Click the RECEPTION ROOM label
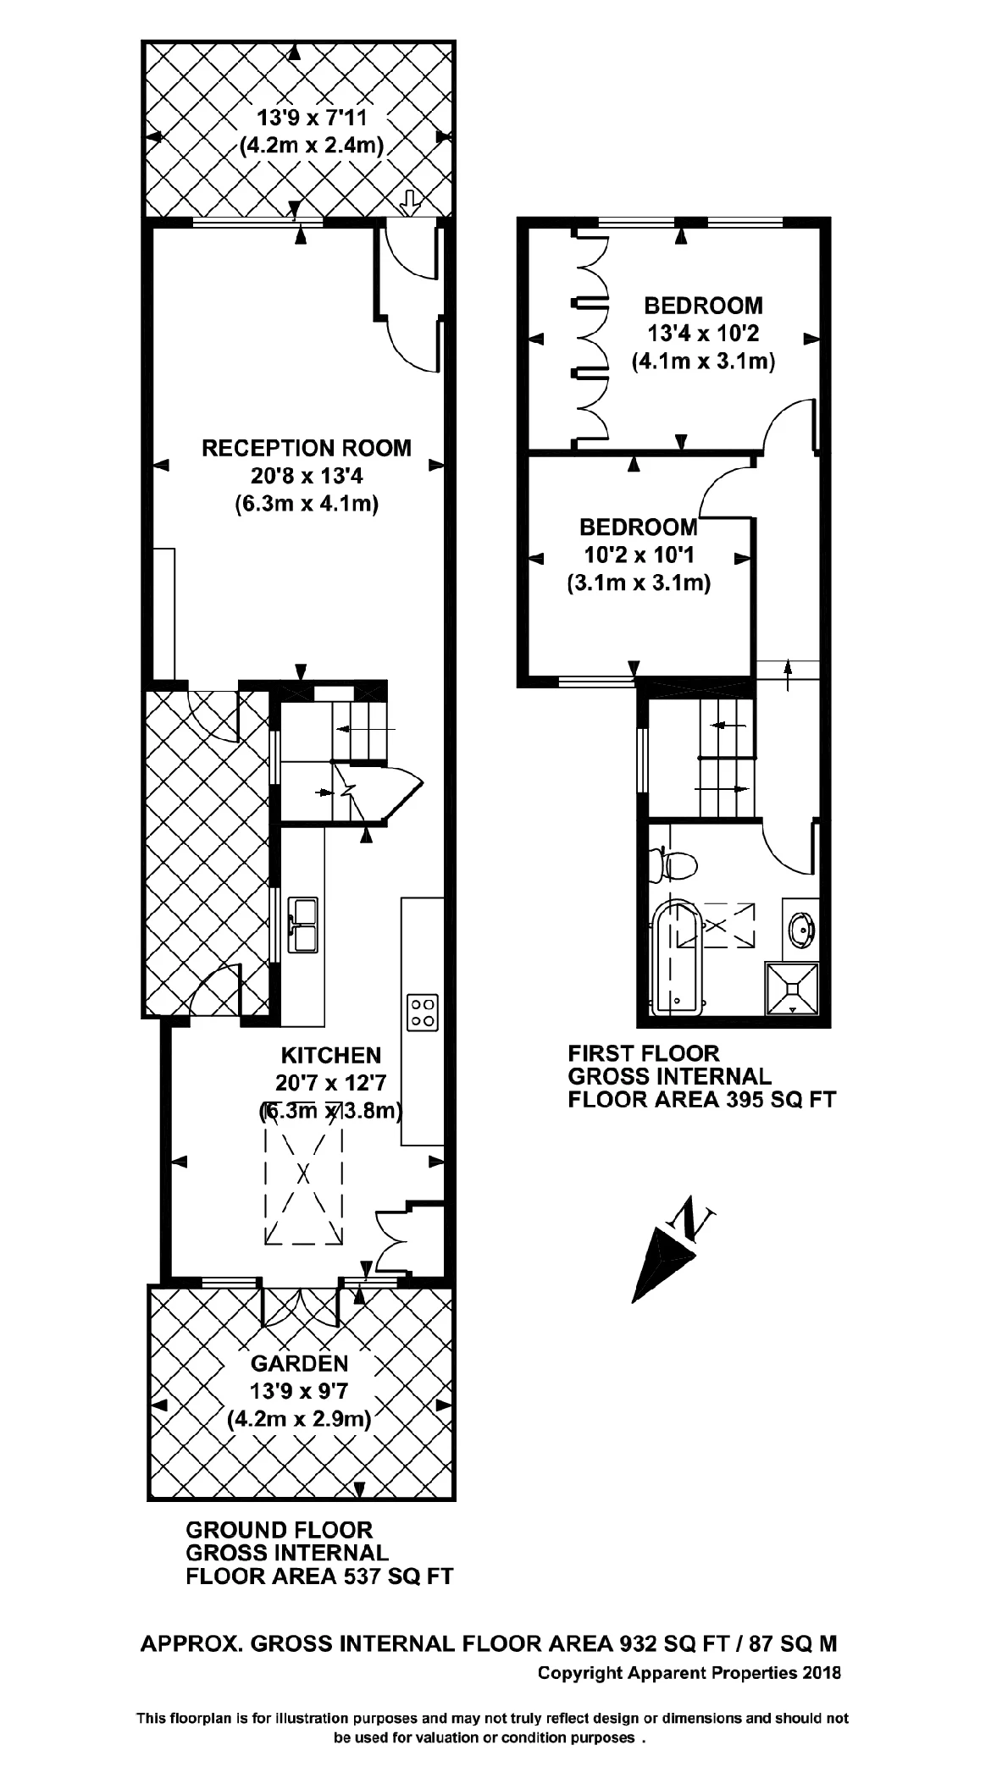point(306,448)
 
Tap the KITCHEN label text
point(330,1055)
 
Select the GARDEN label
point(299,1363)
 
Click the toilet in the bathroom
point(675,866)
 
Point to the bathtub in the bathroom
point(677,961)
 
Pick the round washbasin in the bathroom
point(801,928)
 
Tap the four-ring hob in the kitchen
point(423,1012)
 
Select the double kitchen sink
point(302,925)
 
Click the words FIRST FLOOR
point(643,1053)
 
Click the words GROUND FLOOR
point(279,1530)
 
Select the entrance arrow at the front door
point(409,202)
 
